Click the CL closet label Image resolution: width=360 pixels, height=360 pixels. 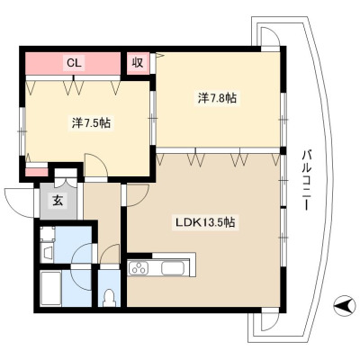(74, 63)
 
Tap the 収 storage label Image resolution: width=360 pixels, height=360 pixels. (138, 63)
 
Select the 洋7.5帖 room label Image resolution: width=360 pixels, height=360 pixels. (91, 123)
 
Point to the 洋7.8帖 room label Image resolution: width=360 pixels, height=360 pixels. (217, 98)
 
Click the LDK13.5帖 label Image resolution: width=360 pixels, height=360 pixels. (205, 222)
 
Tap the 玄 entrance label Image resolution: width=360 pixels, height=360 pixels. (58, 201)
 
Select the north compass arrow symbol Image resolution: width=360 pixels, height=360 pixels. (344, 306)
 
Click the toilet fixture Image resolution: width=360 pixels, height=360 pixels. (109, 297)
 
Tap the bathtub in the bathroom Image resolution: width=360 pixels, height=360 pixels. (50, 288)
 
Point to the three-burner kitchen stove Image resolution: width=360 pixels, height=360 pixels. (139, 267)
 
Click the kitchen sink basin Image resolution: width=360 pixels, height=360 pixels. (172, 267)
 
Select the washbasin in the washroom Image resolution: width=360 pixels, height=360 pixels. (47, 252)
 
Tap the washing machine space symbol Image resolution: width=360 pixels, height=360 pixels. (48, 233)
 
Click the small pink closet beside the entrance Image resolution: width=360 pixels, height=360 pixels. (36, 172)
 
